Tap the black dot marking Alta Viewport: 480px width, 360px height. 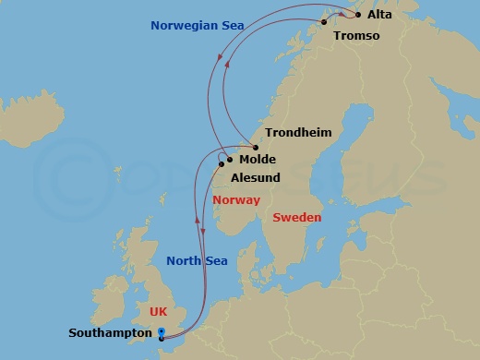pos(358,15)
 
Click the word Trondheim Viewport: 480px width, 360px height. pos(298,133)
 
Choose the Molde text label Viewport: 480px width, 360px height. pos(258,160)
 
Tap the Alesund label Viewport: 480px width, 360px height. pos(256,177)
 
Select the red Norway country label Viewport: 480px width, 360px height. pos(236,200)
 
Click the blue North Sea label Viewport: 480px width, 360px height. pos(197,261)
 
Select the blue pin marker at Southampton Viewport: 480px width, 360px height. pos(162,333)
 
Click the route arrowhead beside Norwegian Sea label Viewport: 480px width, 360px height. pos(219,57)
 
